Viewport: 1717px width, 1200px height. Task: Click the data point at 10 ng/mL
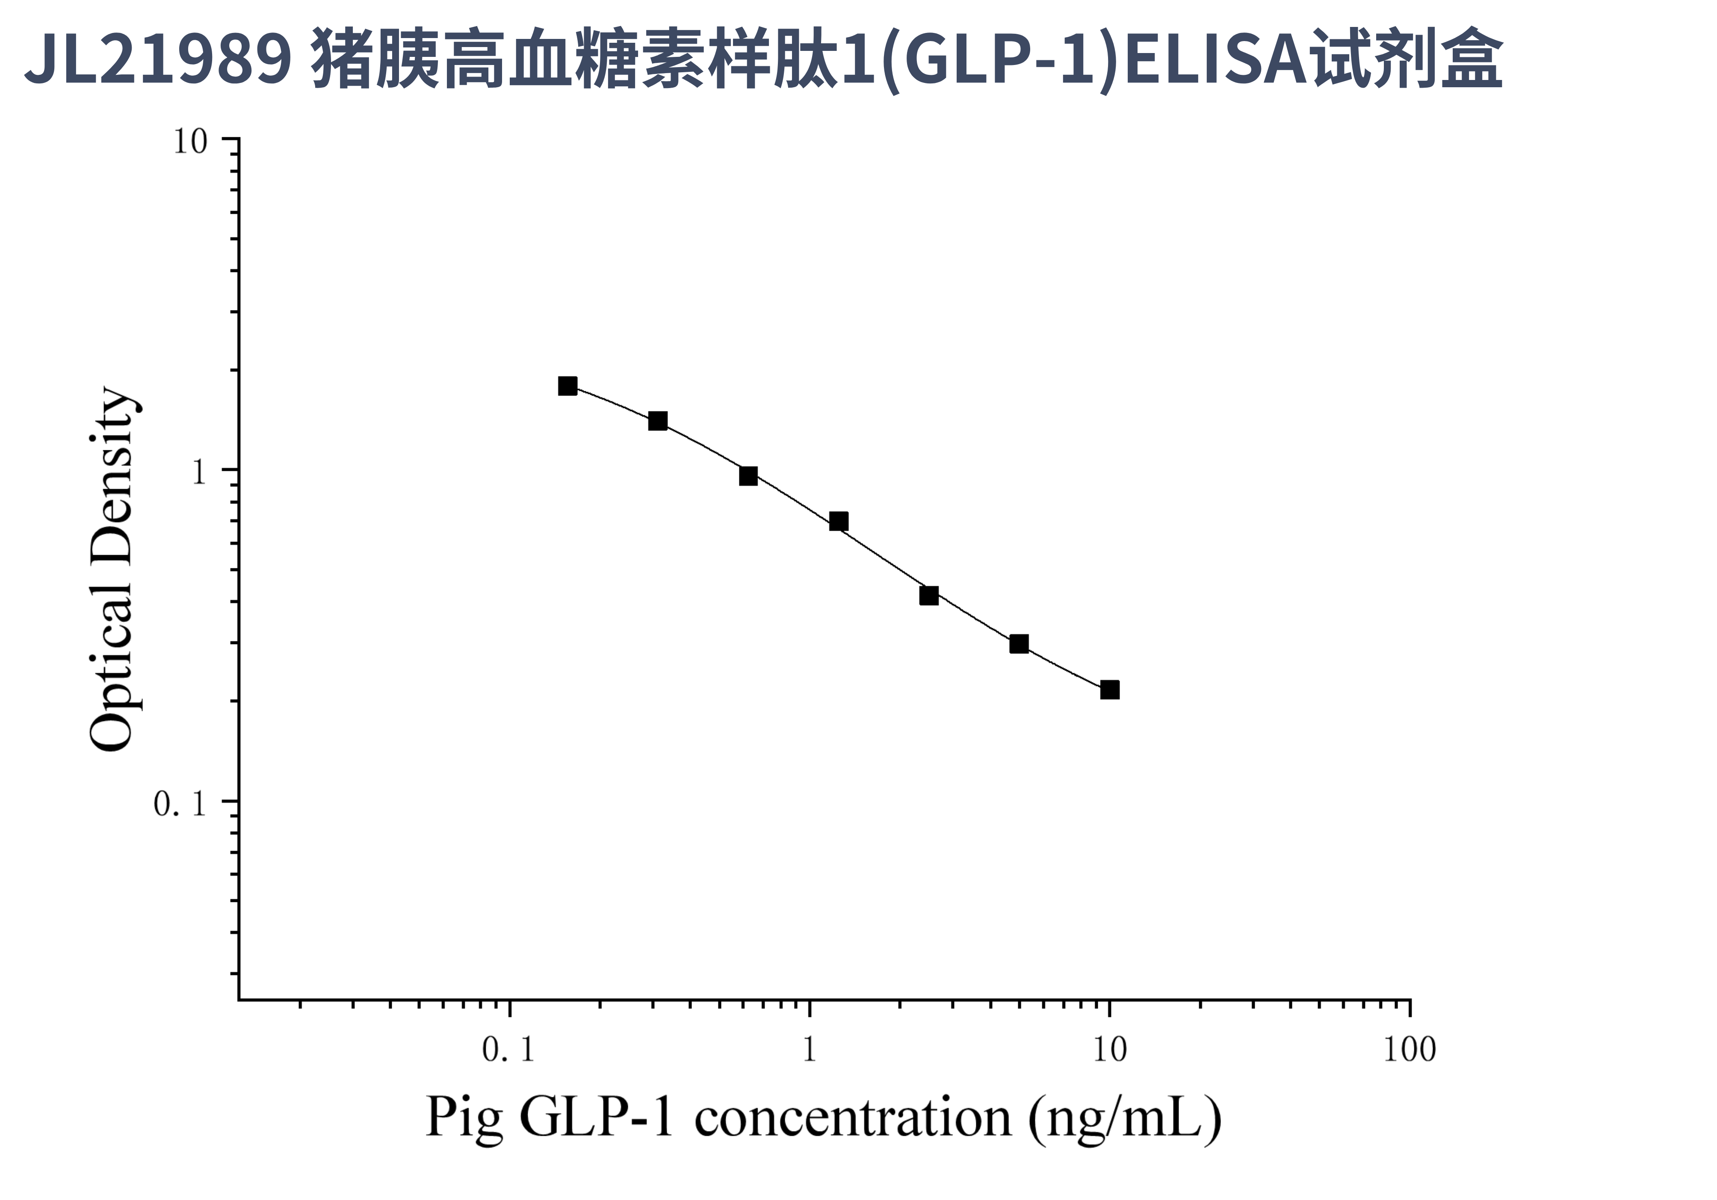[1110, 689]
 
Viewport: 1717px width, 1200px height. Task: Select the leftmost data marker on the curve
[567, 386]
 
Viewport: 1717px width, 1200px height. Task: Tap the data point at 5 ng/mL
[1019, 644]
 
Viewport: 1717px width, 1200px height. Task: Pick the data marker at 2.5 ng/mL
[929, 595]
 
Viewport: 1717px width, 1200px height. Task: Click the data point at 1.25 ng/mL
[838, 521]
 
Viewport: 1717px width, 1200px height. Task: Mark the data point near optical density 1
[748, 476]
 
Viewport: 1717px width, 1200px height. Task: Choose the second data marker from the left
[657, 421]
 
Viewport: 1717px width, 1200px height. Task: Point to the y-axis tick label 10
[190, 141]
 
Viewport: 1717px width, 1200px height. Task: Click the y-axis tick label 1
[199, 473]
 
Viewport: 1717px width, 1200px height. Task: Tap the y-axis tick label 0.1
[180, 804]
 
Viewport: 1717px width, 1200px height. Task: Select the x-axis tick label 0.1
[508, 1050]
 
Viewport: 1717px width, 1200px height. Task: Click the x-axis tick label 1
[809, 1050]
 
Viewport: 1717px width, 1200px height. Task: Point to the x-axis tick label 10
[1110, 1050]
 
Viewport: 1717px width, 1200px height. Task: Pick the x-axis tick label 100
[1409, 1050]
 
